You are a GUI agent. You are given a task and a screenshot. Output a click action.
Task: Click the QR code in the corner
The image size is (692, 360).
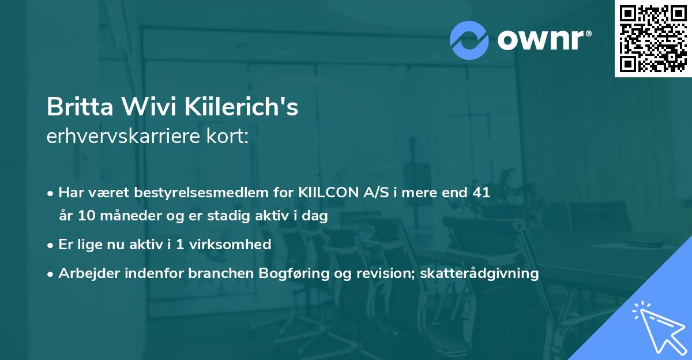653,38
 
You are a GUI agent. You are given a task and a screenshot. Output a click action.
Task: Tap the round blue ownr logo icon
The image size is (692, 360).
469,40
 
